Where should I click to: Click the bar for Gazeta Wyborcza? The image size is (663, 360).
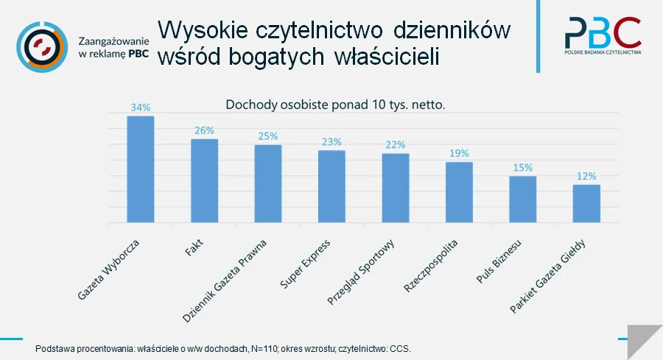pos(141,169)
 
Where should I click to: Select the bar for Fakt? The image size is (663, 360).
pos(204,180)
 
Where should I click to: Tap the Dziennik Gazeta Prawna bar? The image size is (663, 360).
pos(268,183)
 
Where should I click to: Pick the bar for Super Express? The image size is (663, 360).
pos(331,186)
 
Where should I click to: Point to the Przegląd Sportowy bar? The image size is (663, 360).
pos(396,188)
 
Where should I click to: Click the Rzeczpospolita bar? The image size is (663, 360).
pos(459,192)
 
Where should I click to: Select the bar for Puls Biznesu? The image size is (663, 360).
pos(522,199)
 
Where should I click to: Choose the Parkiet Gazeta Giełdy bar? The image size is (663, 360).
pos(586,203)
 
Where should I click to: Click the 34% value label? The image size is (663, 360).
pos(141,107)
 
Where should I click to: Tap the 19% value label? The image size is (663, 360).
pos(459,153)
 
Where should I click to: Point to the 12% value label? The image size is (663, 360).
pos(586,176)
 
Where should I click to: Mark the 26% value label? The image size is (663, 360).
pos(204,130)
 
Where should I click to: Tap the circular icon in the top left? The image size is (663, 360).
pos(41,46)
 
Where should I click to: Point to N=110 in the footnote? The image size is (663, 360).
pos(256,348)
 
